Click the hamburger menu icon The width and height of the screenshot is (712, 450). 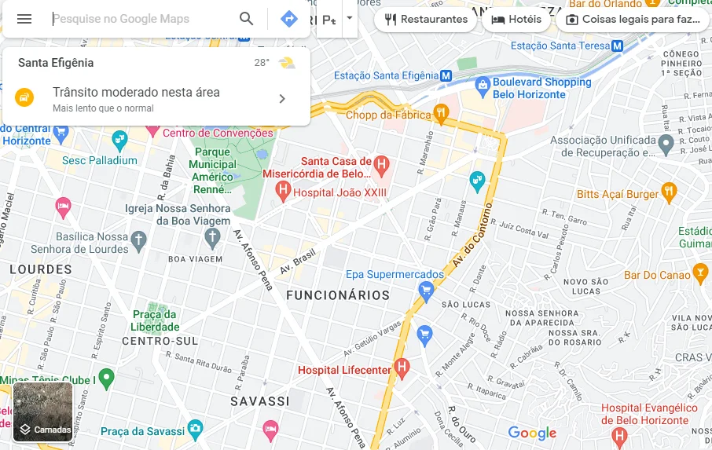point(24,19)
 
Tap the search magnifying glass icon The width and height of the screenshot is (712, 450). point(247,19)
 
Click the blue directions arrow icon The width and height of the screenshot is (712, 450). point(289,19)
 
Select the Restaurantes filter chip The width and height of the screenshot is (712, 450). point(425,20)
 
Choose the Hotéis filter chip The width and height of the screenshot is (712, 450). point(516,20)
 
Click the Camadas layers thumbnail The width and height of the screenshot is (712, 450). point(43,412)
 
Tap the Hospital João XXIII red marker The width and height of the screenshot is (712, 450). point(283,190)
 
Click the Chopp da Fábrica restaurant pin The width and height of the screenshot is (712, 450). point(441,114)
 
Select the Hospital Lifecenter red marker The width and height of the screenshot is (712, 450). point(402,367)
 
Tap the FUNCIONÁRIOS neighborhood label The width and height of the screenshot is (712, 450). point(338,295)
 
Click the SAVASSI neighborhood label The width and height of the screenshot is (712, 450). point(260,401)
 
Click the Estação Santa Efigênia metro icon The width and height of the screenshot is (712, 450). point(446,75)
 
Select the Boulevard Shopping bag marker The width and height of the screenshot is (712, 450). point(483,83)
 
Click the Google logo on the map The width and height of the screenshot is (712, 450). point(531,433)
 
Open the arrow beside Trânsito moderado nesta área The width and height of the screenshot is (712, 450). point(282,98)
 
